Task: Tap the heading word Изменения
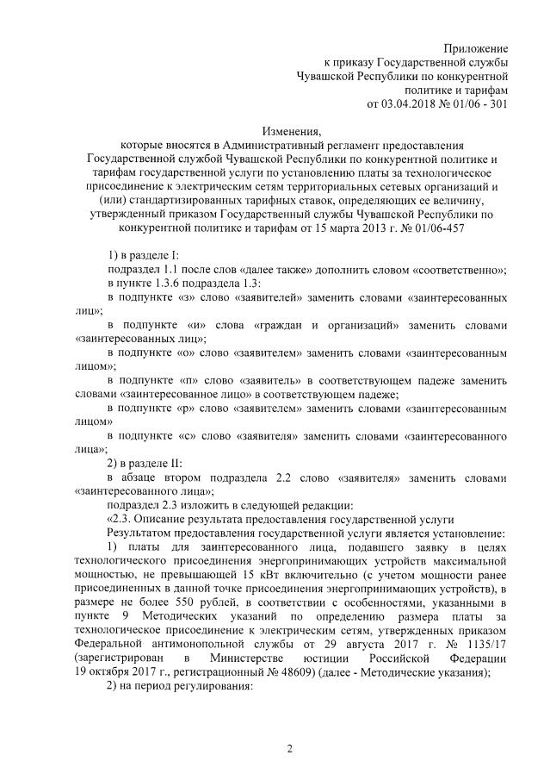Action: [x=292, y=132]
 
